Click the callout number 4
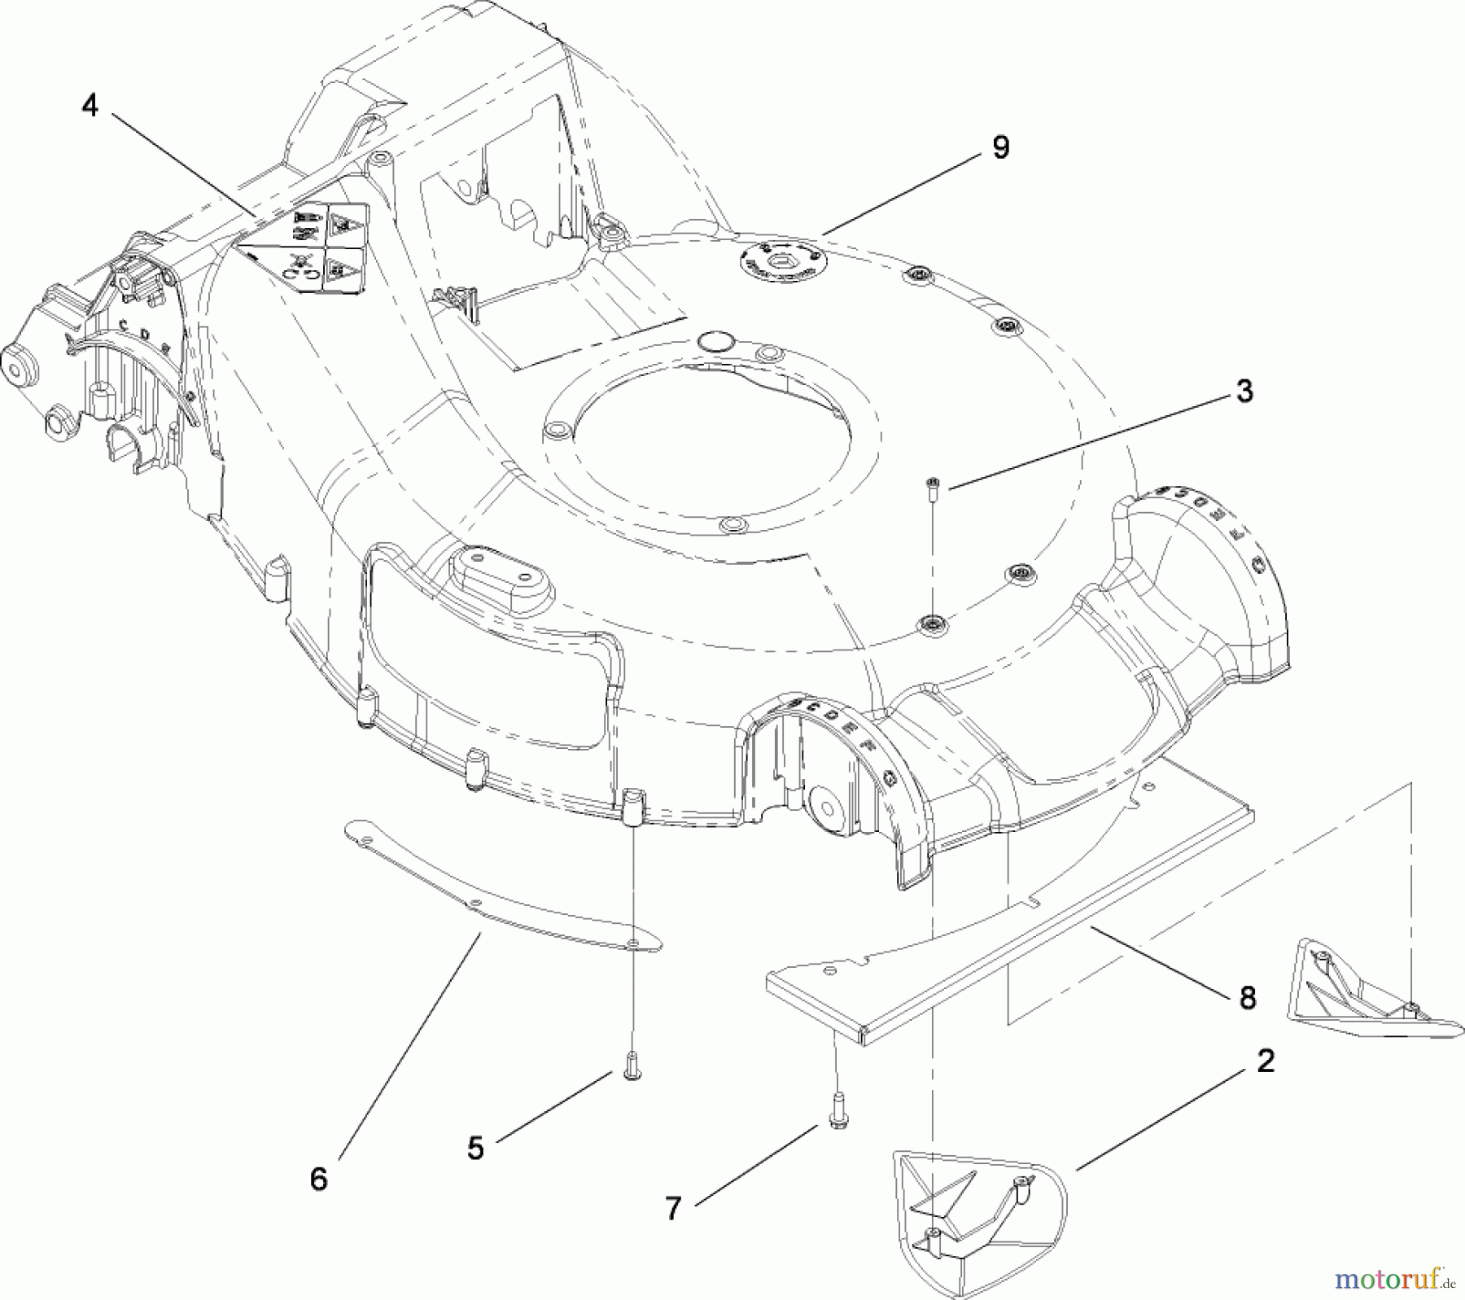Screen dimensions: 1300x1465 [90, 105]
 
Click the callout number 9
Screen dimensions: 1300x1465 [1000, 147]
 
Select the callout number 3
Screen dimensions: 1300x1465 [1244, 392]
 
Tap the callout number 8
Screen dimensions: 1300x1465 [1247, 997]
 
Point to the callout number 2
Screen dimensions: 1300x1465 [1265, 1061]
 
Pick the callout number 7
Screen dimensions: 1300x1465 [672, 1209]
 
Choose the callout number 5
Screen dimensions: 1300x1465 [475, 1149]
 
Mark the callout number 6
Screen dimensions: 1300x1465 [318, 1179]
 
